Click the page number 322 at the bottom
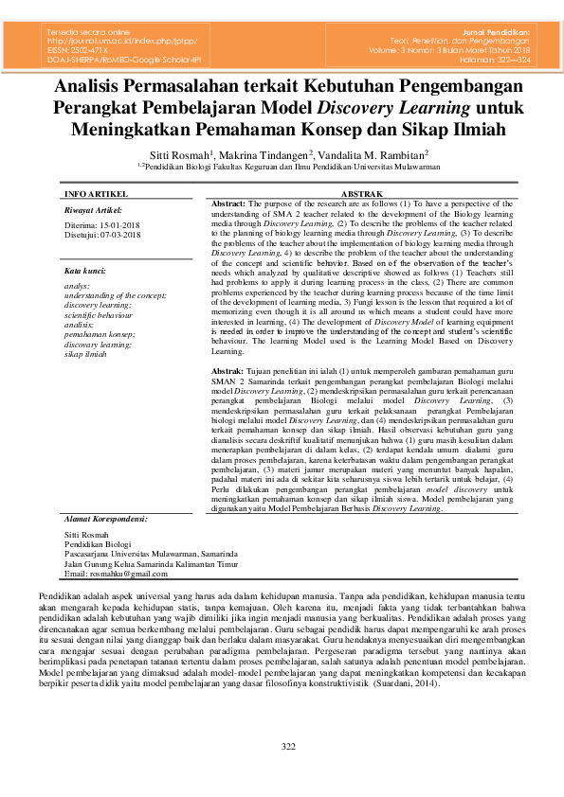click(288, 747)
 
